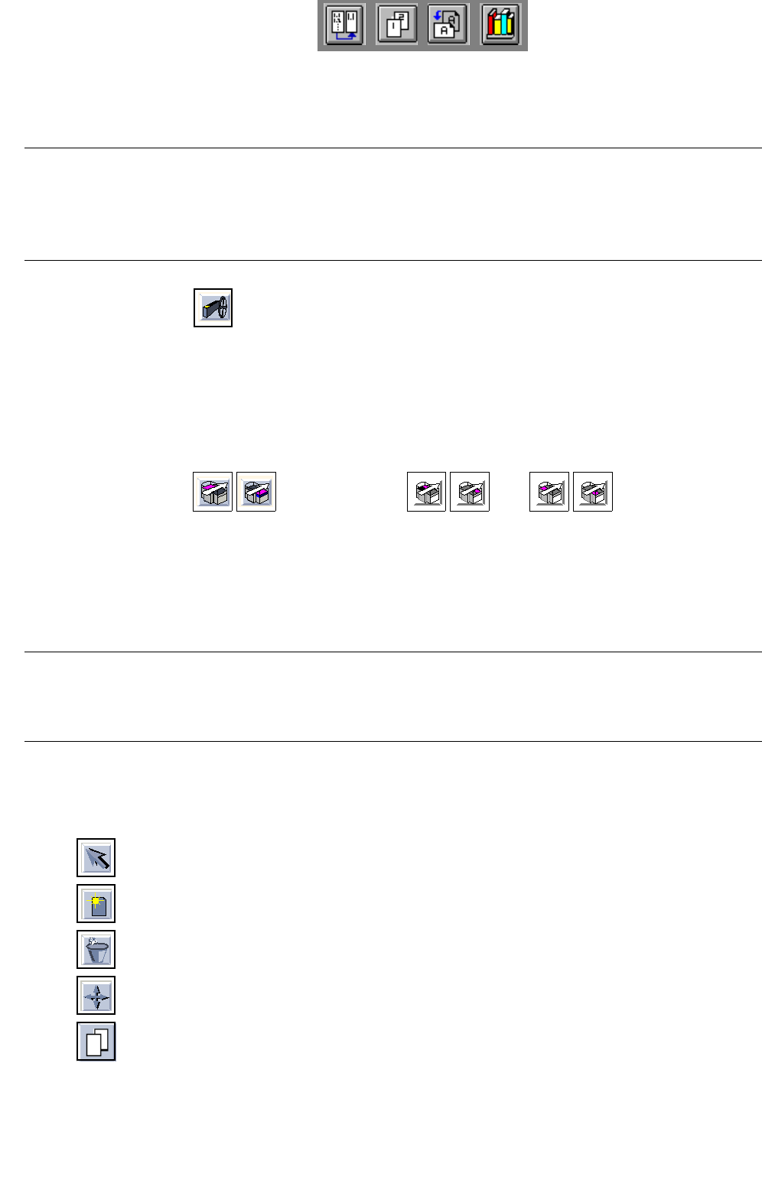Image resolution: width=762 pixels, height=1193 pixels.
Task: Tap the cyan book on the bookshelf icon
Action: (508, 26)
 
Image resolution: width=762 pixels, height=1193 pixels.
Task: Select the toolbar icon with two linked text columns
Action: (344, 25)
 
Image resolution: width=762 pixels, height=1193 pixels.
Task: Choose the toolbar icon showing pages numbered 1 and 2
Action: (397, 25)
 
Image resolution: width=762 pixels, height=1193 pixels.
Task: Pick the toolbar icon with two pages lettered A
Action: (448, 25)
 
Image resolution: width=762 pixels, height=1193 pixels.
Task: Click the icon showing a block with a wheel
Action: (213, 307)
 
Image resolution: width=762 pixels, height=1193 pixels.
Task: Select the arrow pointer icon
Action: (96, 858)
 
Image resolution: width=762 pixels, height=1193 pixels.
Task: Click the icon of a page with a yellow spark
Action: (96, 904)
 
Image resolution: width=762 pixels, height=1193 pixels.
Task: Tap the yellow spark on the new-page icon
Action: (96, 900)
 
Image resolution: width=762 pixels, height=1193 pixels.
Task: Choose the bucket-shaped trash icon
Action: (96, 950)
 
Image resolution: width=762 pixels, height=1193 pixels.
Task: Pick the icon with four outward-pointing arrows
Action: (96, 996)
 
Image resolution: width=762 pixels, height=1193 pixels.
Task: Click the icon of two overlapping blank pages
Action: (96, 1042)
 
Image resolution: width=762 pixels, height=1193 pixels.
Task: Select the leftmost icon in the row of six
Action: (213, 492)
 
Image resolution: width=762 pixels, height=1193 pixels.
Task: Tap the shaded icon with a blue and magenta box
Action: (256, 492)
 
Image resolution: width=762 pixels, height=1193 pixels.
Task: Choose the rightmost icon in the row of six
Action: (593, 492)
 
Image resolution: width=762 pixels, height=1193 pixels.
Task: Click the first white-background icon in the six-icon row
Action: (426, 492)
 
